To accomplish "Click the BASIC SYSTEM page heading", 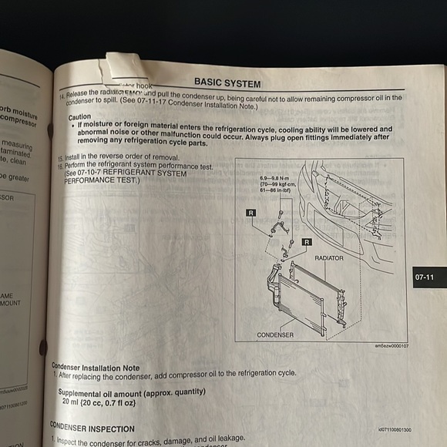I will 227,82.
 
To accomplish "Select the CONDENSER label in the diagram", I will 275,335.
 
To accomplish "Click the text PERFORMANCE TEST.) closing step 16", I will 101,181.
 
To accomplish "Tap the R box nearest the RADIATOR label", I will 307,242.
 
